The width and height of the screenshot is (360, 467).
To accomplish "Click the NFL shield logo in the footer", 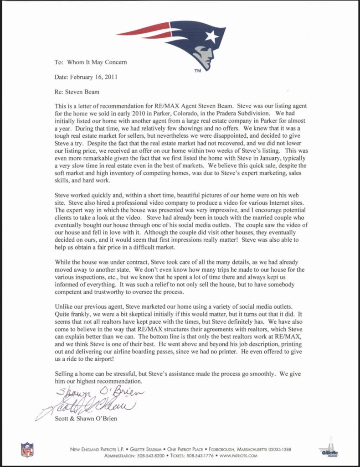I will coord(27,449).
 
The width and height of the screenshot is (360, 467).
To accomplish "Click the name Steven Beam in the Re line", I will coord(85,92).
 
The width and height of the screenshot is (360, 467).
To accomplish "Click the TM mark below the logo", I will coord(197,72).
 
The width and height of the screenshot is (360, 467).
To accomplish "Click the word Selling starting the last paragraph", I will coord(64,374).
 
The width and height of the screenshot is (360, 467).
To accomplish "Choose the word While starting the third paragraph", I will coord(63,262).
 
